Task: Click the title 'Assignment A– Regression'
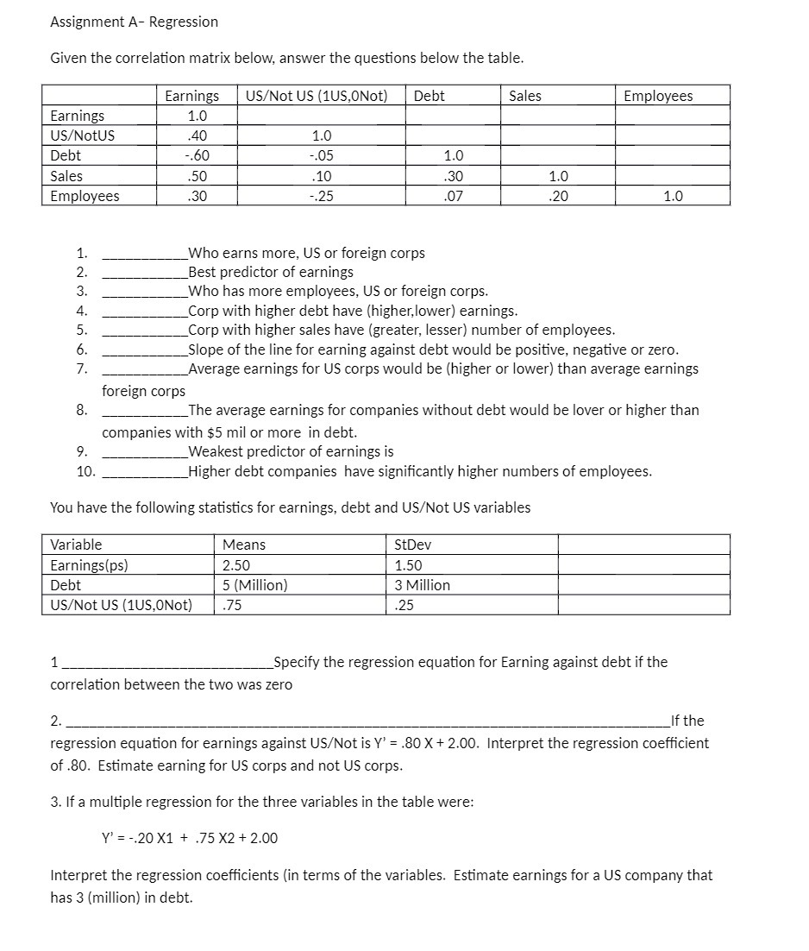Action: pos(134,22)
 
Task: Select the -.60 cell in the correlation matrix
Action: pos(198,156)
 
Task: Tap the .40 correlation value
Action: pos(198,135)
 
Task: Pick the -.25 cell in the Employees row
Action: pos(320,196)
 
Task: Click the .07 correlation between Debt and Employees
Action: pos(453,196)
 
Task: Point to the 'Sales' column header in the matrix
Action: pos(525,96)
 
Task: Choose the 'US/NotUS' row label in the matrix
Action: pos(83,135)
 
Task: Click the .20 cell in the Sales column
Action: pos(559,196)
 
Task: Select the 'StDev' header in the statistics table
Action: pos(411,545)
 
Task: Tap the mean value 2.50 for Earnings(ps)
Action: pos(236,565)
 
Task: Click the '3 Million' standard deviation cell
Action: pos(422,585)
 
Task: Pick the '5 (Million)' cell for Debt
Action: pos(254,585)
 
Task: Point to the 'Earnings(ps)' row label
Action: pos(90,565)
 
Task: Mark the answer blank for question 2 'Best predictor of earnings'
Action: pos(144,273)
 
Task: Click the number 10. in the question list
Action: pos(85,471)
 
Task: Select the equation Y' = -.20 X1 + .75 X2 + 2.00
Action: pos(190,838)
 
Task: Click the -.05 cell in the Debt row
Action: pos(320,156)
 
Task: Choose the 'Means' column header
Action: pos(244,545)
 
